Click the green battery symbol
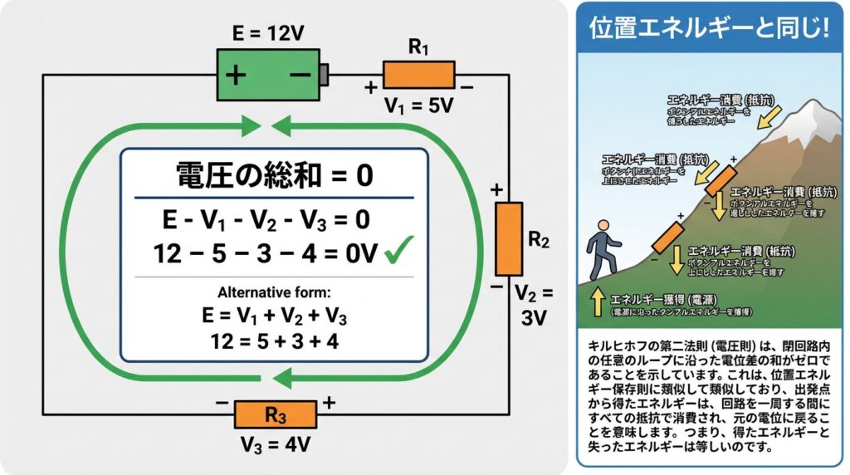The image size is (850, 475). (269, 74)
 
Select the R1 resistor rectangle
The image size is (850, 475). (418, 74)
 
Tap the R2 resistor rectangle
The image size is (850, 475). (508, 238)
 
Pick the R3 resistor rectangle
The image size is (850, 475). (275, 414)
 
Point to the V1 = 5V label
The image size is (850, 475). (418, 105)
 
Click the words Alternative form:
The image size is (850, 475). (275, 292)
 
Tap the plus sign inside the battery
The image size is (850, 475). (236, 75)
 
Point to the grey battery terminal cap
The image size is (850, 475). (325, 74)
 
